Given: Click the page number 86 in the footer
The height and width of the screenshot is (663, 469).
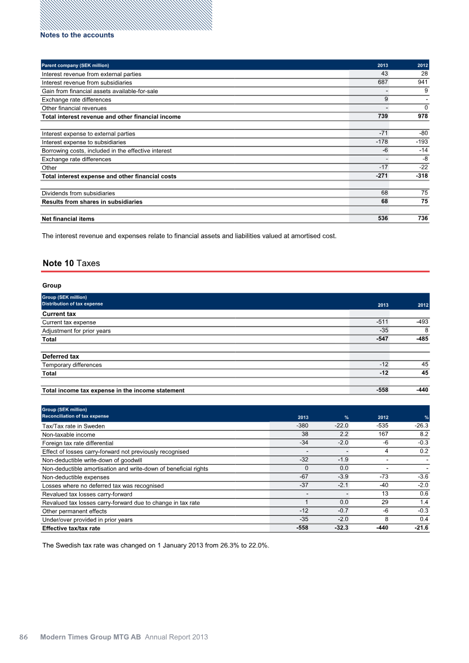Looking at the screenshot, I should pos(24,637).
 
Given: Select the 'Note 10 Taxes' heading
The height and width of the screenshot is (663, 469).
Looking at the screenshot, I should pos(71,263).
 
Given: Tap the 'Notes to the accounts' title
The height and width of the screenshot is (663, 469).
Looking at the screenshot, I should pos(77,35).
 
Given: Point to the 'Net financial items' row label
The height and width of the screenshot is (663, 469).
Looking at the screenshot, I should pos(68,219).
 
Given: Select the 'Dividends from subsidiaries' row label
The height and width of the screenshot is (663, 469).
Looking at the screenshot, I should pos(79,193).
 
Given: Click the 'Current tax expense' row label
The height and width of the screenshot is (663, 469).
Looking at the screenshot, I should pos(69,322).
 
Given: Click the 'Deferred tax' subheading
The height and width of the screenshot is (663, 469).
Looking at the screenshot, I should pos(60,356).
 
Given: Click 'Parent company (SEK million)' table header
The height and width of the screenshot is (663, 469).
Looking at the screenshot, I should pos(75,64).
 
